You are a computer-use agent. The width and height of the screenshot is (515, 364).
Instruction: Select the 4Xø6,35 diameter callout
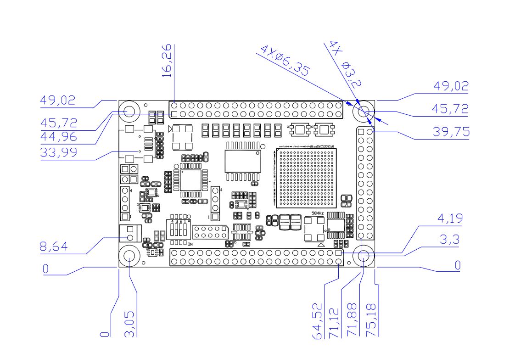pyautogui.click(x=285, y=60)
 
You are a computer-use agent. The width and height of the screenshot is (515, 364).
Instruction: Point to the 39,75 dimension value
pyautogui.click(x=452, y=132)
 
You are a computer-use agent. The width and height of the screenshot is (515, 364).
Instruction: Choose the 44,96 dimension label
pyautogui.click(x=58, y=136)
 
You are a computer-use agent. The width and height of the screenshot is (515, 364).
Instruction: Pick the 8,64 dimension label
pyautogui.click(x=54, y=247)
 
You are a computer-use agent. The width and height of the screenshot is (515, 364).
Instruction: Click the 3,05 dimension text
pyautogui.click(x=130, y=324)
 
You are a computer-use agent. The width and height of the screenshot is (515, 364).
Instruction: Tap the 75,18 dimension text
pyautogui.click(x=371, y=320)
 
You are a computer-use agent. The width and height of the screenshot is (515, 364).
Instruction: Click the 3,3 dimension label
pyautogui.click(x=452, y=239)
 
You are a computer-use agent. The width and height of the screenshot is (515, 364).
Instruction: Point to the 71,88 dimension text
pyautogui.click(x=353, y=320)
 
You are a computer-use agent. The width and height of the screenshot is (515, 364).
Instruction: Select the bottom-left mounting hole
pyautogui.click(x=129, y=256)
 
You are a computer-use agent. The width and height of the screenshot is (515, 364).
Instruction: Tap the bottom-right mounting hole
pyautogui.click(x=364, y=258)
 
